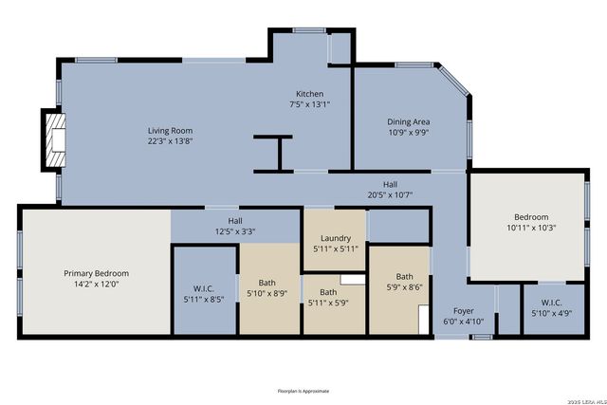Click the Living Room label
pyautogui.click(x=171, y=130)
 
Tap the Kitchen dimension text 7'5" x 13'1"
pyautogui.click(x=310, y=105)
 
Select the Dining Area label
pyautogui.click(x=409, y=121)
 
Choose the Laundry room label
pyautogui.click(x=336, y=238)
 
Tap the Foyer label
pyautogui.click(x=464, y=310)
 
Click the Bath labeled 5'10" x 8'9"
pyautogui.click(x=267, y=287)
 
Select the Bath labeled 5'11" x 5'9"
pyautogui.click(x=328, y=297)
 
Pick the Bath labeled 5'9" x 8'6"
pyautogui.click(x=405, y=282)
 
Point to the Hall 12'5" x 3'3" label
pyautogui.click(x=234, y=226)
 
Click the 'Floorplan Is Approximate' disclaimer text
pyautogui.click(x=304, y=391)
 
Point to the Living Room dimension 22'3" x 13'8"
pyautogui.click(x=171, y=140)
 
